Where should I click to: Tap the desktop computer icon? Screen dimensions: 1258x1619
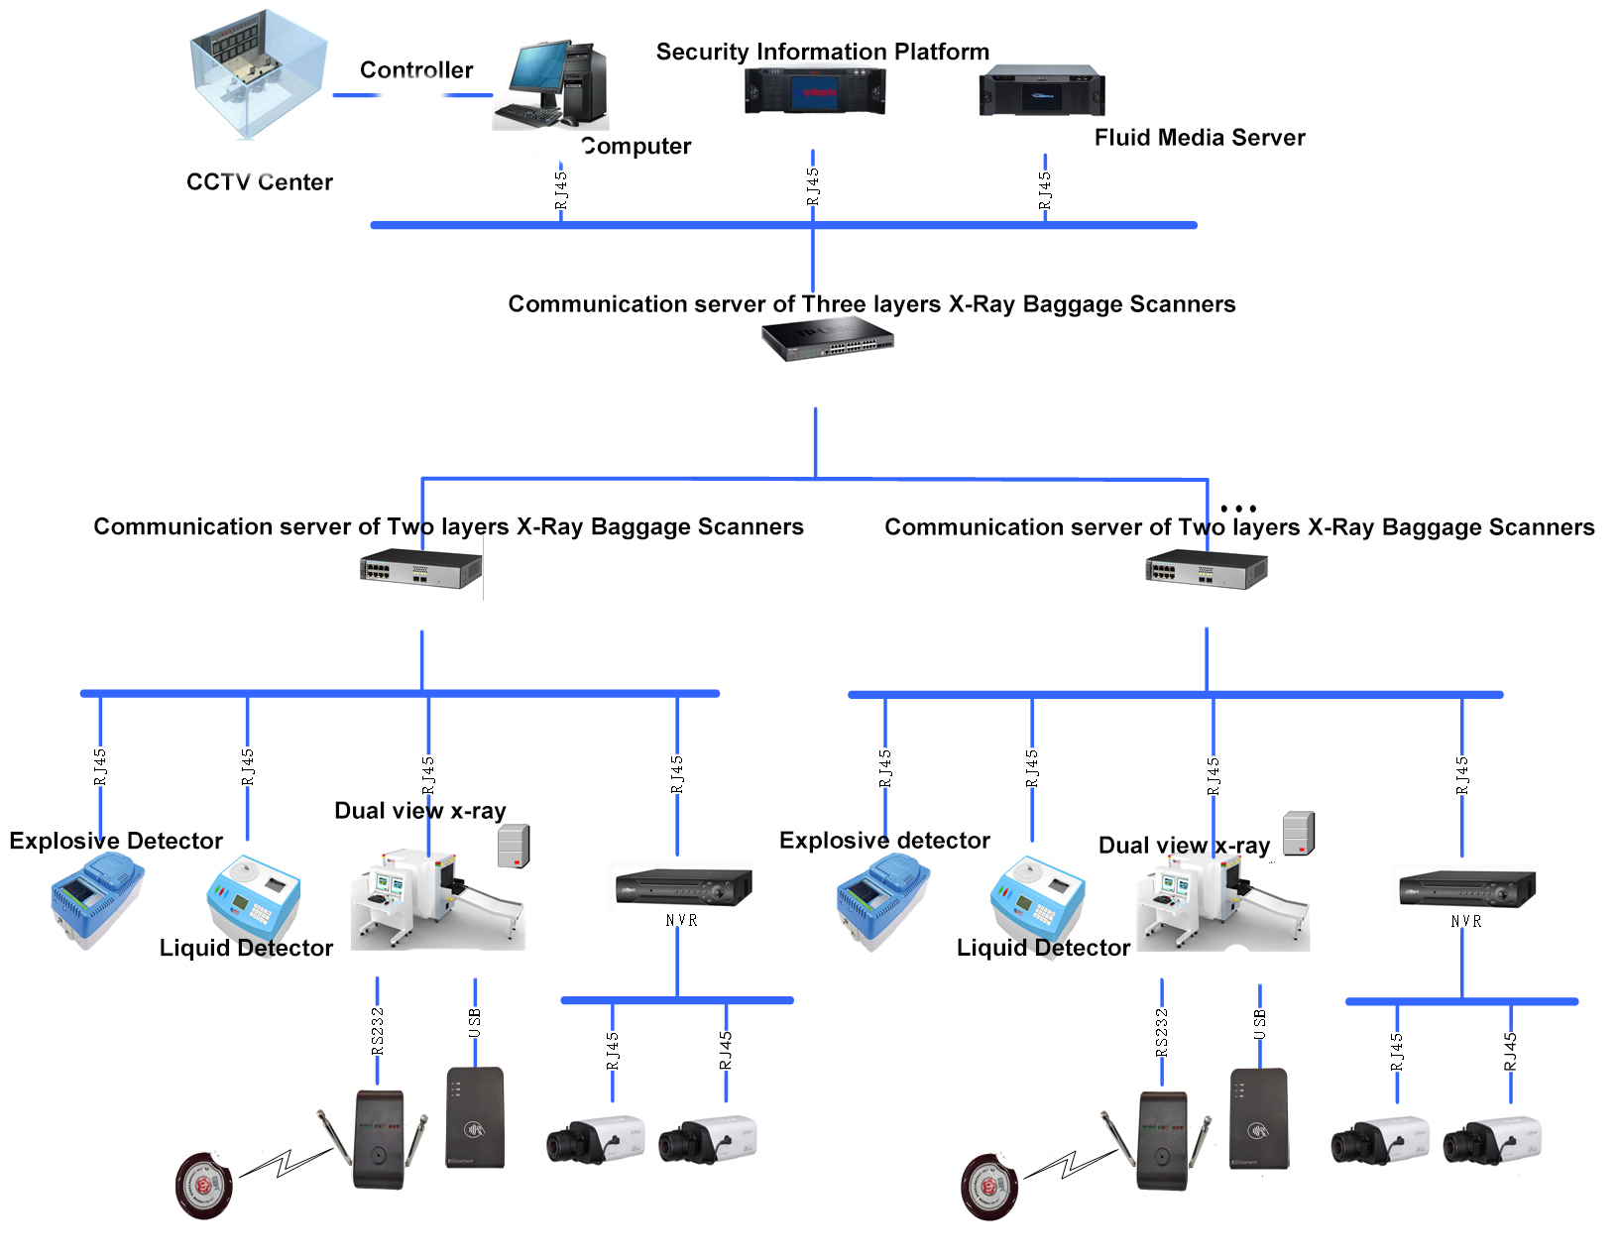pos(550,86)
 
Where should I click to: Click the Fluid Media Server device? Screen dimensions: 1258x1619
pos(1041,91)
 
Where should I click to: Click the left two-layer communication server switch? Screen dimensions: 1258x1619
pos(420,570)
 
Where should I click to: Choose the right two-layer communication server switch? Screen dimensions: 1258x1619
pos(1206,571)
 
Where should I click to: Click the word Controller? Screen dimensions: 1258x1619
pos(416,70)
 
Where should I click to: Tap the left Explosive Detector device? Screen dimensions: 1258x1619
pos(96,900)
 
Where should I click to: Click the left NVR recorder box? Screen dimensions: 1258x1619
pos(683,886)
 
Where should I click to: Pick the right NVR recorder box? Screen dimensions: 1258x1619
pos(1466,887)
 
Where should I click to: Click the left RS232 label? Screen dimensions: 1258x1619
pos(378,1031)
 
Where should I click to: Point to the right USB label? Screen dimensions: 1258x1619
pos(1260,1024)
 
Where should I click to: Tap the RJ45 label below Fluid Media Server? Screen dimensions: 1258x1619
pos(1045,190)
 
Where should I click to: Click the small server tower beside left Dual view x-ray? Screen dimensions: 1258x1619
pos(514,847)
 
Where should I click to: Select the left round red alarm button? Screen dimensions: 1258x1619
pos(203,1186)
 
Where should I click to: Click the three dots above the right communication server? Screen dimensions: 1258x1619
pos(1238,509)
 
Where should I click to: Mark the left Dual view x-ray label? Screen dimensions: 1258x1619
pos(419,811)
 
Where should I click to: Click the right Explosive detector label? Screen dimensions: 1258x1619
pos(884,841)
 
